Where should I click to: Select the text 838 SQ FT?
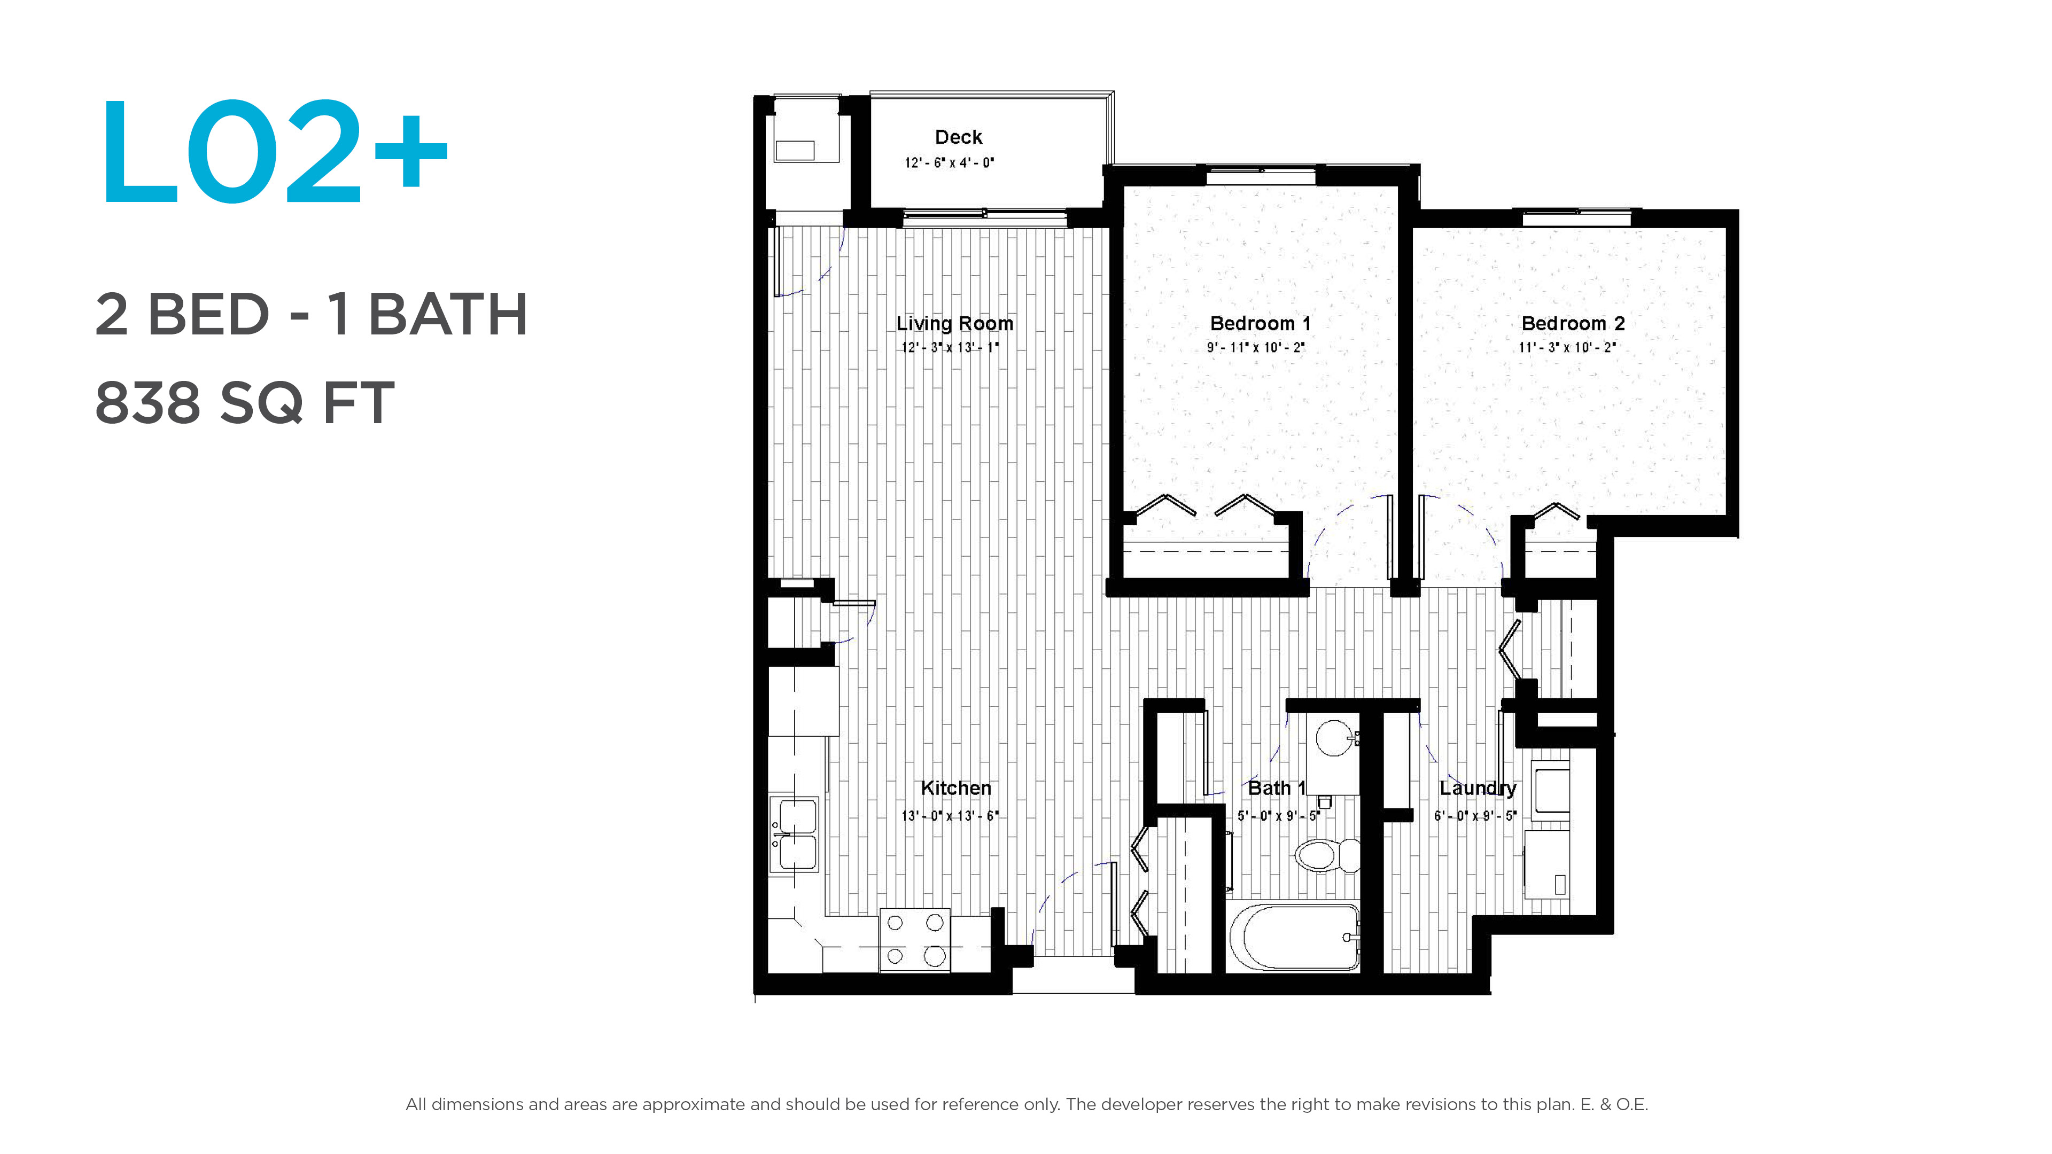pyautogui.click(x=245, y=402)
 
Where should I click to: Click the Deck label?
pyautogui.click(x=958, y=137)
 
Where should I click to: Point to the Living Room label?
pyautogui.click(x=954, y=323)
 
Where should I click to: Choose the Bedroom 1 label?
pyautogui.click(x=1260, y=323)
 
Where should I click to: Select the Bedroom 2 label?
pyautogui.click(x=1573, y=323)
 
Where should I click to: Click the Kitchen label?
pyautogui.click(x=956, y=787)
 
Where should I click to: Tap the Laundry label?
pyautogui.click(x=1478, y=787)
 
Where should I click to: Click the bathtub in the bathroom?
pyautogui.click(x=1294, y=937)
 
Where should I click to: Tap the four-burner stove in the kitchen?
pyautogui.click(x=914, y=940)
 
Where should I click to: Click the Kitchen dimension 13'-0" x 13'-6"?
pyautogui.click(x=950, y=815)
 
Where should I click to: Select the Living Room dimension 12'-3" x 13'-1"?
pyautogui.click(x=950, y=347)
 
